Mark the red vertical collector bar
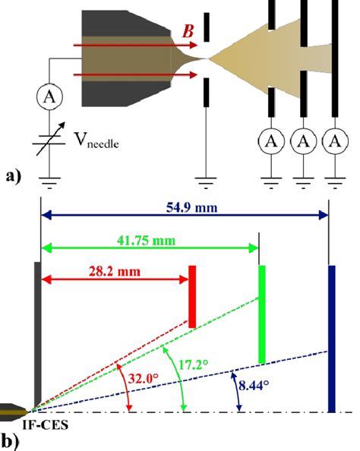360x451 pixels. (193, 297)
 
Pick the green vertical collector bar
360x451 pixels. (262, 314)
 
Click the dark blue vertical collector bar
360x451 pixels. (330, 337)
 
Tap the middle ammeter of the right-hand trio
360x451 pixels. (303, 140)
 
